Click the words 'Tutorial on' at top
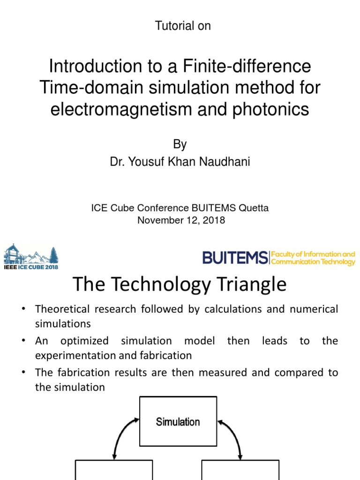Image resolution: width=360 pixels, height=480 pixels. tap(183, 26)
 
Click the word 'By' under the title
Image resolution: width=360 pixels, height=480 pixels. tap(180, 144)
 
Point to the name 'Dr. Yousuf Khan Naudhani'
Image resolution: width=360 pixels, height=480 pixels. tap(180, 162)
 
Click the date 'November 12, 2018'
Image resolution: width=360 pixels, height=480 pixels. tap(181, 220)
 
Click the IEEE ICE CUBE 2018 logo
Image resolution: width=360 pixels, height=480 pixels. tap(31, 256)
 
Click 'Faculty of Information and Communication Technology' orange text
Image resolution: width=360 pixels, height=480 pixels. tap(313, 258)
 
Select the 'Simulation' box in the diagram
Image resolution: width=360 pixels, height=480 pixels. tap(178, 421)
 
